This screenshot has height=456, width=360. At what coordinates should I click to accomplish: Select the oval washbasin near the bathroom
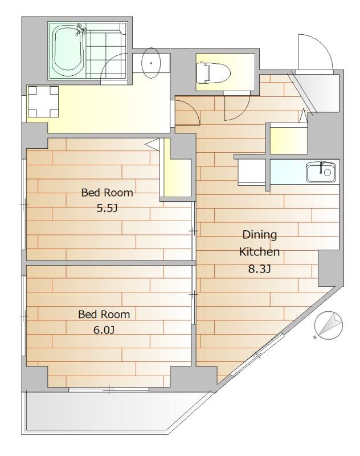point(151,63)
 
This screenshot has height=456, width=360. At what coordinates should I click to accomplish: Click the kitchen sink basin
point(321,172)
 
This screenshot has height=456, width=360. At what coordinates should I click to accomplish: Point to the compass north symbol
point(328,325)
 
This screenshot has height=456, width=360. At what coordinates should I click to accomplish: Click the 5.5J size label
point(107,208)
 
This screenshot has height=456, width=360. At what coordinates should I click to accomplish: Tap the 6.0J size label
point(104,330)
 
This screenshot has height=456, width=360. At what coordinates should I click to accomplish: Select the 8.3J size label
point(259,269)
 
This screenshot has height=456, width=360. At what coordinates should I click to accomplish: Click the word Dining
point(260,234)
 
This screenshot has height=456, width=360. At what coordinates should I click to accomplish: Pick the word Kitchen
point(259,251)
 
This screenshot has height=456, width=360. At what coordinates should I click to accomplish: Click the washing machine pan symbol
point(43,101)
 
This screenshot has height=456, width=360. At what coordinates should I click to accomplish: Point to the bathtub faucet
point(81,30)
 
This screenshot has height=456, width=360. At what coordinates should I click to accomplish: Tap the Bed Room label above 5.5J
point(107,193)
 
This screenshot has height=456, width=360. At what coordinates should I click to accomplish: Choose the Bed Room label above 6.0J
point(104,314)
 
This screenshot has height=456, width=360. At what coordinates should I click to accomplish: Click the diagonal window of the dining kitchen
point(257,355)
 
